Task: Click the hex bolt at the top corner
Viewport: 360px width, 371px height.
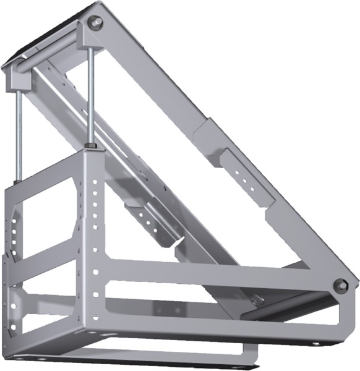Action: point(95,23)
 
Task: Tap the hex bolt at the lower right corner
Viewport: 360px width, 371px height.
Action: point(340,286)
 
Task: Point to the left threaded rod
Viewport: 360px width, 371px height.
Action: point(19,136)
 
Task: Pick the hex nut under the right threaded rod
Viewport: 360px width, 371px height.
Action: point(92,146)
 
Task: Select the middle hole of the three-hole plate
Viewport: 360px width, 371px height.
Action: point(247,174)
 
